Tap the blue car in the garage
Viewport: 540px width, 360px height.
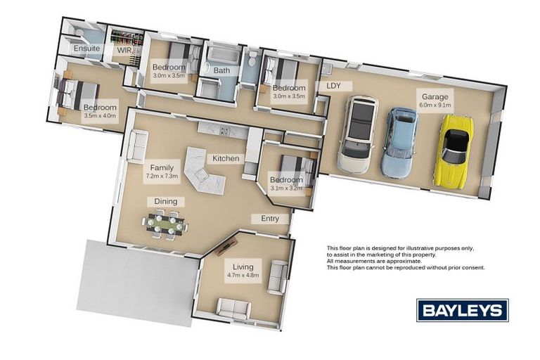(399, 143)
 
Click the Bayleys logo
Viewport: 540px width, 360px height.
(463, 310)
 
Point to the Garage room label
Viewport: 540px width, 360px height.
(435, 97)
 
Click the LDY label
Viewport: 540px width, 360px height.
(333, 86)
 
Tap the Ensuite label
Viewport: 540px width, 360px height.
(86, 49)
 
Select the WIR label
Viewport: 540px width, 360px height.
(124, 51)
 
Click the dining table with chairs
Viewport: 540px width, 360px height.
(165, 225)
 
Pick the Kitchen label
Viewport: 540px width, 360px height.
(226, 158)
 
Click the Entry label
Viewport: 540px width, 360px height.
(270, 219)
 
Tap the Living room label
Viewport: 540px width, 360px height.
(243, 266)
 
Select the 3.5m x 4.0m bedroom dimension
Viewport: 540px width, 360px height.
(100, 116)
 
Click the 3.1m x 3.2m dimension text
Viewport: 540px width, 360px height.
(287, 188)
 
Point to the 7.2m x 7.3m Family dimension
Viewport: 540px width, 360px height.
(162, 176)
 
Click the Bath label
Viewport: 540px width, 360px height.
(221, 70)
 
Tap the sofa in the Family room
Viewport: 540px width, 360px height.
(137, 146)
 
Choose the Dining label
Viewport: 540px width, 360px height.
(166, 201)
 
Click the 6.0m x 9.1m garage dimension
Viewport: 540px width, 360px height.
(435, 105)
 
